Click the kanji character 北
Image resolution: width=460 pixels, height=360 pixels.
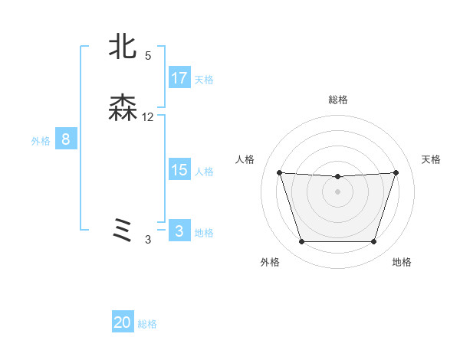click(123, 47)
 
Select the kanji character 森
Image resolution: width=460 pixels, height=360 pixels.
click(123, 109)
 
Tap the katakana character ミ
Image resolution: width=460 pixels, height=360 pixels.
click(123, 231)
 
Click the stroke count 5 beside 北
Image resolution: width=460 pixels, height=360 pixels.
click(148, 55)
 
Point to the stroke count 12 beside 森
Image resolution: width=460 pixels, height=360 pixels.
click(148, 117)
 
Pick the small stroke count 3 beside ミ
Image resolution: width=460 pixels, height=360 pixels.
click(148, 240)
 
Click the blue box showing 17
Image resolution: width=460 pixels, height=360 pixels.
click(179, 77)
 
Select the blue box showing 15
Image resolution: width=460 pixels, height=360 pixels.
click(179, 170)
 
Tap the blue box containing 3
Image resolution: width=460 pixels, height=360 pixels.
click(179, 231)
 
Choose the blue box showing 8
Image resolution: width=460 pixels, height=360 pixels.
click(66, 139)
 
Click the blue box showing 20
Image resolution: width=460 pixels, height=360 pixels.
click(123, 322)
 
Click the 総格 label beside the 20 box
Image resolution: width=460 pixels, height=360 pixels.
click(147, 324)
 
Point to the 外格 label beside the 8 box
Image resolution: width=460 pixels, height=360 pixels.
click(41, 141)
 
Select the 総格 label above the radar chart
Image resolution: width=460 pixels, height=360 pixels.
click(337, 100)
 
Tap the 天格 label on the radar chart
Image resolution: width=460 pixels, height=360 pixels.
click(431, 159)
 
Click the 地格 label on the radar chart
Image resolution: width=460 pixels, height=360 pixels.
click(402, 262)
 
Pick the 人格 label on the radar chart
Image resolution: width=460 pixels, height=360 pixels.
click(245, 159)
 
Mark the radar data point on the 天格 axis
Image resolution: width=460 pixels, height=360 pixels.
click(396, 172)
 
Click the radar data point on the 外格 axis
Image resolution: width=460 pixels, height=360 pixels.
click(301, 242)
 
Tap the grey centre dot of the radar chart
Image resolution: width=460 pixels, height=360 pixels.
click(337, 191)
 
